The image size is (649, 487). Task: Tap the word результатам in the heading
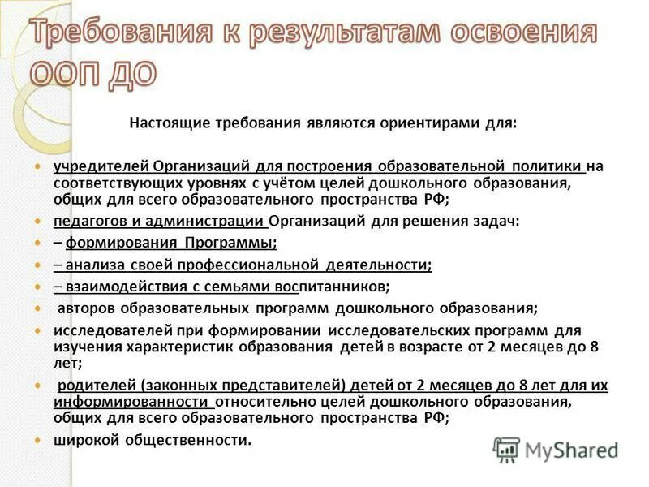click(316, 33)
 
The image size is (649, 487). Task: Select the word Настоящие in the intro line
click(167, 123)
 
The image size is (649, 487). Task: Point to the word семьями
click(238, 287)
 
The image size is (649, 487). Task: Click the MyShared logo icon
click(506, 449)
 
